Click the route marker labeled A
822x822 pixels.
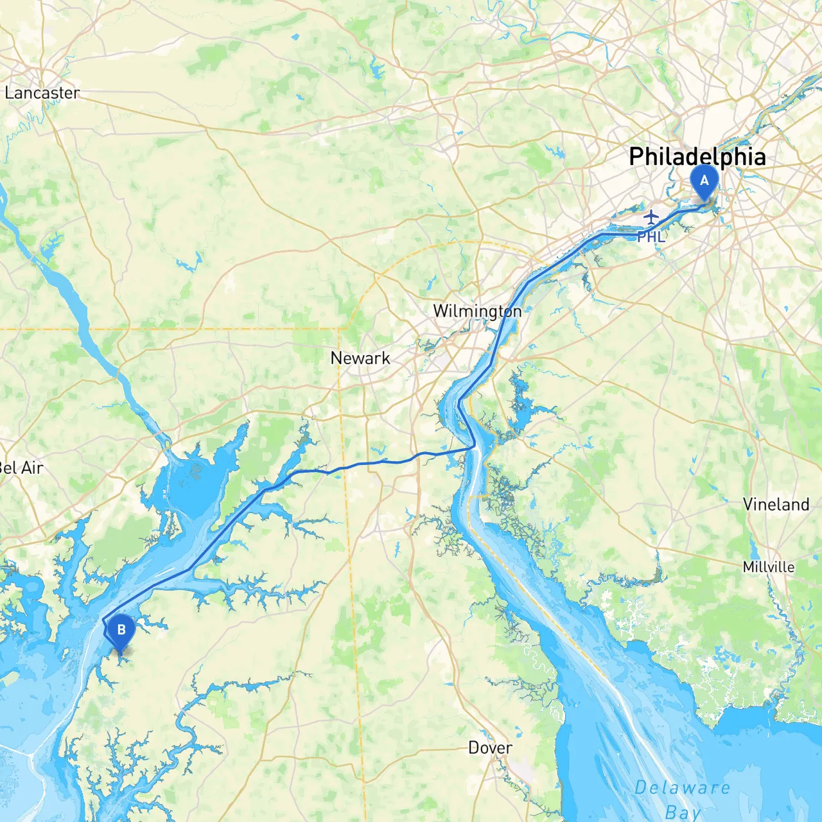[704, 182]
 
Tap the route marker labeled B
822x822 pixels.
[121, 632]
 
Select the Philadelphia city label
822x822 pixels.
[697, 157]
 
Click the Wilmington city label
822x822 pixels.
[477, 311]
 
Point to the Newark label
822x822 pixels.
[360, 358]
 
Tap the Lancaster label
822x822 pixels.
[42, 93]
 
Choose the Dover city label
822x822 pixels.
[490, 748]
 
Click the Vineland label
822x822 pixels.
[776, 504]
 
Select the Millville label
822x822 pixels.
[768, 567]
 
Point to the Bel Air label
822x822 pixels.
[21, 468]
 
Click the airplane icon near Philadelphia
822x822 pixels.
[651, 216]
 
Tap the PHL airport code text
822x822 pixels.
[651, 237]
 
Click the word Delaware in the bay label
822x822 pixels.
[682, 788]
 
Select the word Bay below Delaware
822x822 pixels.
[682, 812]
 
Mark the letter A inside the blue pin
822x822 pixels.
[704, 180]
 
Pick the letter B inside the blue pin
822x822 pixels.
[121, 629]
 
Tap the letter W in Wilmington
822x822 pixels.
[440, 311]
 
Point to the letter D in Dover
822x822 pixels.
[474, 748]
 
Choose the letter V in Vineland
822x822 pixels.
[748, 504]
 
